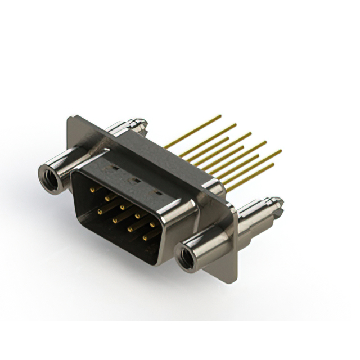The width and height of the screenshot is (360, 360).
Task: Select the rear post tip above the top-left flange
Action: [x=141, y=121]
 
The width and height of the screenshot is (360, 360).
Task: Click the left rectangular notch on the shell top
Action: [x=113, y=168]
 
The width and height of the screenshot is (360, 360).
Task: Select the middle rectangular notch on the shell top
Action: [x=135, y=180]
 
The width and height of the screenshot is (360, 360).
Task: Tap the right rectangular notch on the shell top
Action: [x=158, y=193]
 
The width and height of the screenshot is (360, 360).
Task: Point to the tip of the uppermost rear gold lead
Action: [x=220, y=116]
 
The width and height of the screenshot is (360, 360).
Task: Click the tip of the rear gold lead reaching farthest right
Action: [x=280, y=151]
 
